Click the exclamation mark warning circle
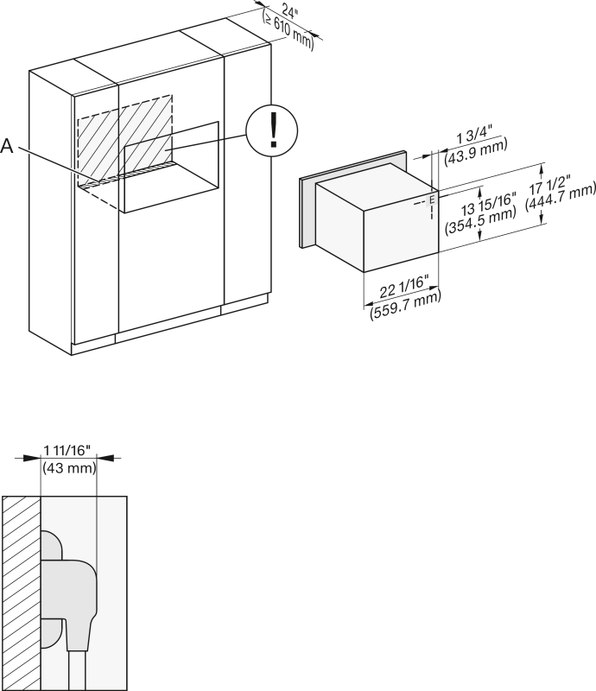coord(271,130)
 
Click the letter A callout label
coord(7,146)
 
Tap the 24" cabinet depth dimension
coord(289,12)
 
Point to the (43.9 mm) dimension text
coord(476,149)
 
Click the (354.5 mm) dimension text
coord(480,220)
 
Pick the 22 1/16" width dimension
coord(403,288)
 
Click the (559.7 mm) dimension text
coord(406,305)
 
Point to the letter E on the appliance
coord(432,200)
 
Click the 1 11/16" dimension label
coord(67,450)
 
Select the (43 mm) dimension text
coord(69,467)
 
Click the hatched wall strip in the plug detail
coord(22,593)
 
